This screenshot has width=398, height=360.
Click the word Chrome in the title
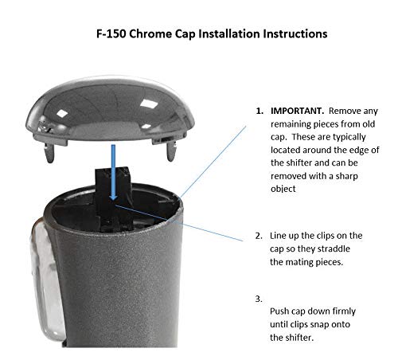point(163,35)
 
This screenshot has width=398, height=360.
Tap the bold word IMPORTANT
point(296,110)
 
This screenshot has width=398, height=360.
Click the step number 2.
point(259,236)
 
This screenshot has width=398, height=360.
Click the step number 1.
point(259,110)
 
